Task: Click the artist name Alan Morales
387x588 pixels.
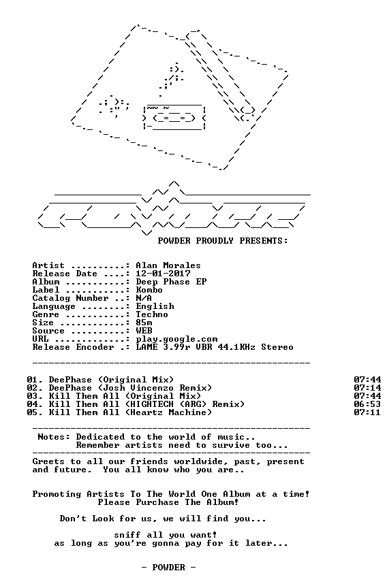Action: [168, 265]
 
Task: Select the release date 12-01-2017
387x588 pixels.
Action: [163, 274]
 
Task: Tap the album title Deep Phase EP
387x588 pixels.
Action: [171, 282]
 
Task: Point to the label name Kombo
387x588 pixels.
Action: [149, 290]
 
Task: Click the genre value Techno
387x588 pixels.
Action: [152, 314]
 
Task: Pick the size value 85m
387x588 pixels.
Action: [144, 323]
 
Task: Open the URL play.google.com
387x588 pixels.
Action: [176, 340]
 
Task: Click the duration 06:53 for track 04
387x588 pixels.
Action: [367, 404]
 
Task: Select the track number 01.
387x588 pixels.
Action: [32, 380]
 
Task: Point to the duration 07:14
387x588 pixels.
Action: [367, 388]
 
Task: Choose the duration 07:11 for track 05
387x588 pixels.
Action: [367, 412]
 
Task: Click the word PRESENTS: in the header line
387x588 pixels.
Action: [264, 241]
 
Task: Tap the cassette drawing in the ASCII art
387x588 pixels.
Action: [174, 117]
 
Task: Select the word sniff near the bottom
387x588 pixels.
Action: [127, 535]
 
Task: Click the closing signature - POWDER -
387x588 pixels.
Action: [168, 568]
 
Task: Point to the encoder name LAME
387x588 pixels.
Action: [146, 347]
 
